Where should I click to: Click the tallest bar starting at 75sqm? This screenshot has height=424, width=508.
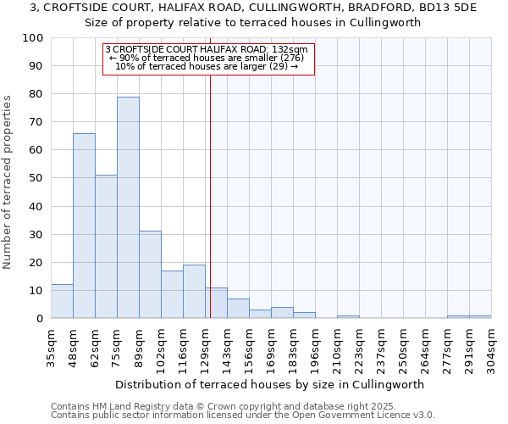point(128,208)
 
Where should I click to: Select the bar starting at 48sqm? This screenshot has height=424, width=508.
point(84,226)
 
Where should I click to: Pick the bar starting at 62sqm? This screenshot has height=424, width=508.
point(106,247)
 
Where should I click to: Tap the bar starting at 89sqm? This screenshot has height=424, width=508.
point(150,275)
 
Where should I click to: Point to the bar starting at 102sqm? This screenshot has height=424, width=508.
point(172,294)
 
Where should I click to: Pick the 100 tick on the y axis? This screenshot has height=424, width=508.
point(33,38)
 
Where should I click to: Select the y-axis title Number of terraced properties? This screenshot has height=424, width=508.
point(8,182)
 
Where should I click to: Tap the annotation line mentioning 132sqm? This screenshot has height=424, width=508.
point(207,49)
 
